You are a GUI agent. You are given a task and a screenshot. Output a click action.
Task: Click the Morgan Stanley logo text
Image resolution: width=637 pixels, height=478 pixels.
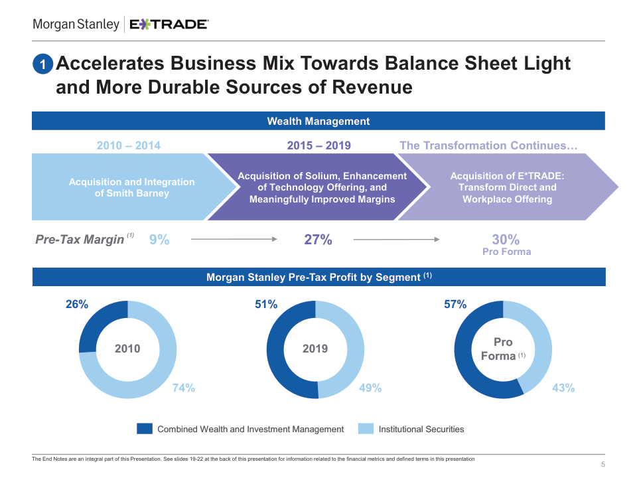click(x=76, y=25)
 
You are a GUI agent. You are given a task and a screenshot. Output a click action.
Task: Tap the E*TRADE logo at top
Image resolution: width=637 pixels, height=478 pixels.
click(x=169, y=25)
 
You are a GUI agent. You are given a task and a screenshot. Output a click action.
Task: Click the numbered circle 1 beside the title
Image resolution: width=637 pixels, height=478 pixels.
click(x=42, y=64)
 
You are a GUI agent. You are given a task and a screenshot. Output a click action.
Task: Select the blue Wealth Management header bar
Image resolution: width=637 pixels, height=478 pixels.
click(x=318, y=121)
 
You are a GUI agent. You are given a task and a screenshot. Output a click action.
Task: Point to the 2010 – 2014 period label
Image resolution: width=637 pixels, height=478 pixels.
click(x=128, y=145)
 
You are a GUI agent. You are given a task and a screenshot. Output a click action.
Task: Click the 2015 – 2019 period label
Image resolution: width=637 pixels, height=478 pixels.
click(x=318, y=145)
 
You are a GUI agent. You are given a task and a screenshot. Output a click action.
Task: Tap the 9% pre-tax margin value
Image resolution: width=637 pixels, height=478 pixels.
click(x=159, y=240)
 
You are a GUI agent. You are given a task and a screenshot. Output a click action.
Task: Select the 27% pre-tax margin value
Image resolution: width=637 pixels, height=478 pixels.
click(x=318, y=240)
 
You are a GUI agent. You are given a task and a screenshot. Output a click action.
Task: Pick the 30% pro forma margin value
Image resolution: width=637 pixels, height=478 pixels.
click(x=506, y=240)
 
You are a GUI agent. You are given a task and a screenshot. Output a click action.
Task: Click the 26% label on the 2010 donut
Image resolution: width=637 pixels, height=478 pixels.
click(x=76, y=305)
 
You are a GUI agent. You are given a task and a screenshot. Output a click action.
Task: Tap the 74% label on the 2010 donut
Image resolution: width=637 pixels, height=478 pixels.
click(x=184, y=388)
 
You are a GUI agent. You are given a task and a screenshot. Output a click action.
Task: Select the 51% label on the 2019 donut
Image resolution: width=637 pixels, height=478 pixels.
click(x=266, y=305)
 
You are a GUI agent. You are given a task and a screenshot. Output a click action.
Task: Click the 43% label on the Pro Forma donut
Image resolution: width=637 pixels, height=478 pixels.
click(x=563, y=388)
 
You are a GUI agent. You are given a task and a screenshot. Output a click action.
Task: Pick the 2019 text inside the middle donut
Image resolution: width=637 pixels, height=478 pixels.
click(x=315, y=349)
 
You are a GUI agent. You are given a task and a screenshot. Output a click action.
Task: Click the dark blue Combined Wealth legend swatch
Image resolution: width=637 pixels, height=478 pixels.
click(x=145, y=429)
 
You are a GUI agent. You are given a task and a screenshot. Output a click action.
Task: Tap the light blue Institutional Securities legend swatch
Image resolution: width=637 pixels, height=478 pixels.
click(x=366, y=429)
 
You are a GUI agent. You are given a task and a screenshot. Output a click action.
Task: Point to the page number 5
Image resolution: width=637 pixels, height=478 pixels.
click(x=602, y=464)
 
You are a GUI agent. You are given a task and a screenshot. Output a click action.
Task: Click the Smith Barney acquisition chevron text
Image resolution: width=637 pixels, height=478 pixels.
click(x=131, y=187)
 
